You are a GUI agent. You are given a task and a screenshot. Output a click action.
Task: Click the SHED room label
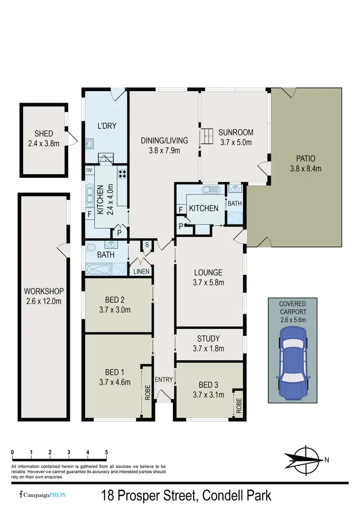tap(43, 134)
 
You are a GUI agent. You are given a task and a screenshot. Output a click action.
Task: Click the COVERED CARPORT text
tap(292, 308)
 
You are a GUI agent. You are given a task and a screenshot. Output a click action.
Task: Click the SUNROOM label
tap(235, 133)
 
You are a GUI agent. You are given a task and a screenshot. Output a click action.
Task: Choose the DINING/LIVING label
tap(164, 141)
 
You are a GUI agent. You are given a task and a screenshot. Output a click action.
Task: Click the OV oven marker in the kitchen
tap(89, 170)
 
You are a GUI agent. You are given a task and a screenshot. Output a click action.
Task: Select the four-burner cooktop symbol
tap(122, 174)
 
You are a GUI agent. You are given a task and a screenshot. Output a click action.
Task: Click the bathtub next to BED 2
tap(106, 269)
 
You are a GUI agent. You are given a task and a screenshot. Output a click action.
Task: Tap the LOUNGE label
tap(209, 273)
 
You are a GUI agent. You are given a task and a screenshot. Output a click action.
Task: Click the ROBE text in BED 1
tap(147, 391)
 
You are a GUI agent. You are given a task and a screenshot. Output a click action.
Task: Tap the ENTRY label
tap(164, 379)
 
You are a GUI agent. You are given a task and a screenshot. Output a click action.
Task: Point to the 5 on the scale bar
tap(107, 452)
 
